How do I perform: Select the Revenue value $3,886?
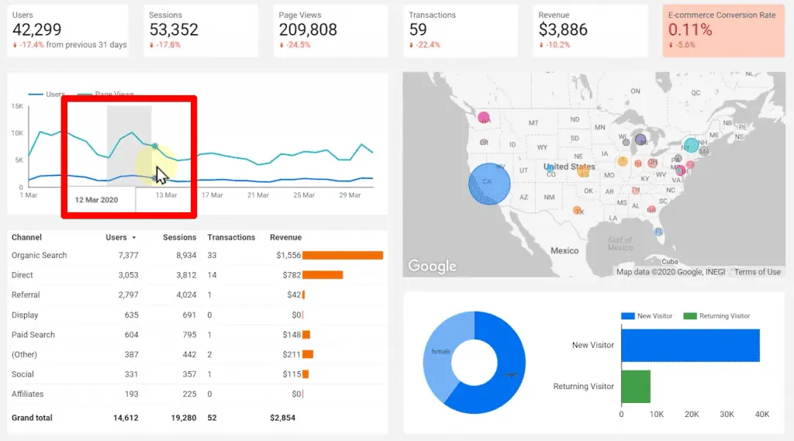pos(563,30)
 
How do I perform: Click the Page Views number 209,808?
pos(308,30)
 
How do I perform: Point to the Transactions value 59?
pos(418,30)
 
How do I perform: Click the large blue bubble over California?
pos(489,184)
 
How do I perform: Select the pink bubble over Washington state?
pos(485,119)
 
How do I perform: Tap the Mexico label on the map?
pos(564,251)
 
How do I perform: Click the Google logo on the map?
pos(432,266)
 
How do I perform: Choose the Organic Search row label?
pos(40,255)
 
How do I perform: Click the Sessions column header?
pos(179,237)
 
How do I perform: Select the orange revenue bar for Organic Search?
pos(343,255)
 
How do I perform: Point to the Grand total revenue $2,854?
pos(282,418)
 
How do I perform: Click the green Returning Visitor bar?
pos(636,386)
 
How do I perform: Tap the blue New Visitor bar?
pos(690,345)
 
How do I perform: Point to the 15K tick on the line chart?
pos(16,106)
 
